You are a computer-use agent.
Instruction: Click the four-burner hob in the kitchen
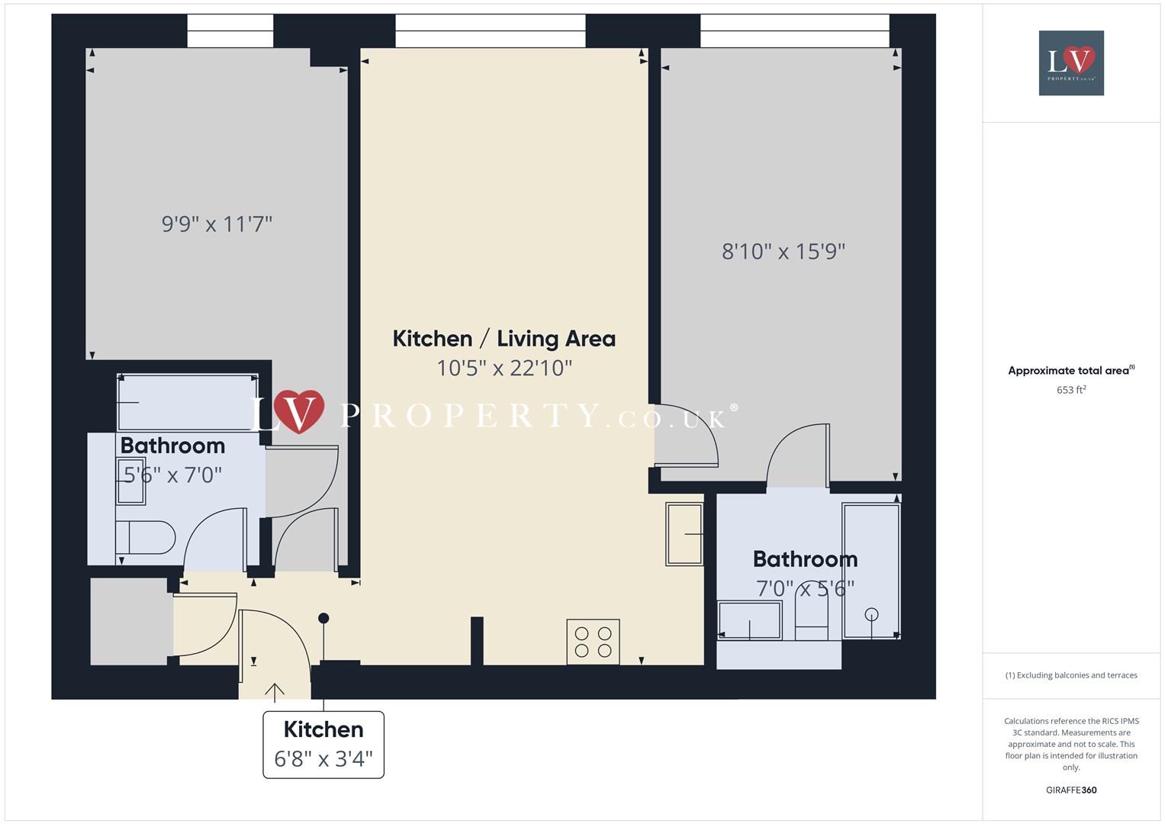[593, 642]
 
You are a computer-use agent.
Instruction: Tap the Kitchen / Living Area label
[504, 339]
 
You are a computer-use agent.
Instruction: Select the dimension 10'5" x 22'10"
[504, 369]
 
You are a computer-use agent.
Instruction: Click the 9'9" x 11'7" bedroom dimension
[217, 224]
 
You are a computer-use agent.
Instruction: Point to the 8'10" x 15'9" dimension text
[784, 252]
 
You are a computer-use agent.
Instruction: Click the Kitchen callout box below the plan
[323, 745]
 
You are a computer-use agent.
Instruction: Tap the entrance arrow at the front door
[275, 691]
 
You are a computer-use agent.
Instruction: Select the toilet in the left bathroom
[145, 538]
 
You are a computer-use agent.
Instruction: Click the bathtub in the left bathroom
[188, 402]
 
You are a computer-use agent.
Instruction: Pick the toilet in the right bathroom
[811, 619]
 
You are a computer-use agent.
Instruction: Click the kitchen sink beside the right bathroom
[684, 533]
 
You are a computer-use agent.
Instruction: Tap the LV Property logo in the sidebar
[1071, 63]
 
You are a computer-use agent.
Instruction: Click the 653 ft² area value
[1071, 390]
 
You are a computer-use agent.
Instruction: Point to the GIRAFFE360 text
[1071, 790]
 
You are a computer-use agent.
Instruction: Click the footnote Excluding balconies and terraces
[1071, 675]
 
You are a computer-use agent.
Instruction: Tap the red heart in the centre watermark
[298, 412]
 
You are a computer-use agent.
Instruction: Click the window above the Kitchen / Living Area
[490, 31]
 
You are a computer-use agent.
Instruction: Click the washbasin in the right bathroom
[749, 620]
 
